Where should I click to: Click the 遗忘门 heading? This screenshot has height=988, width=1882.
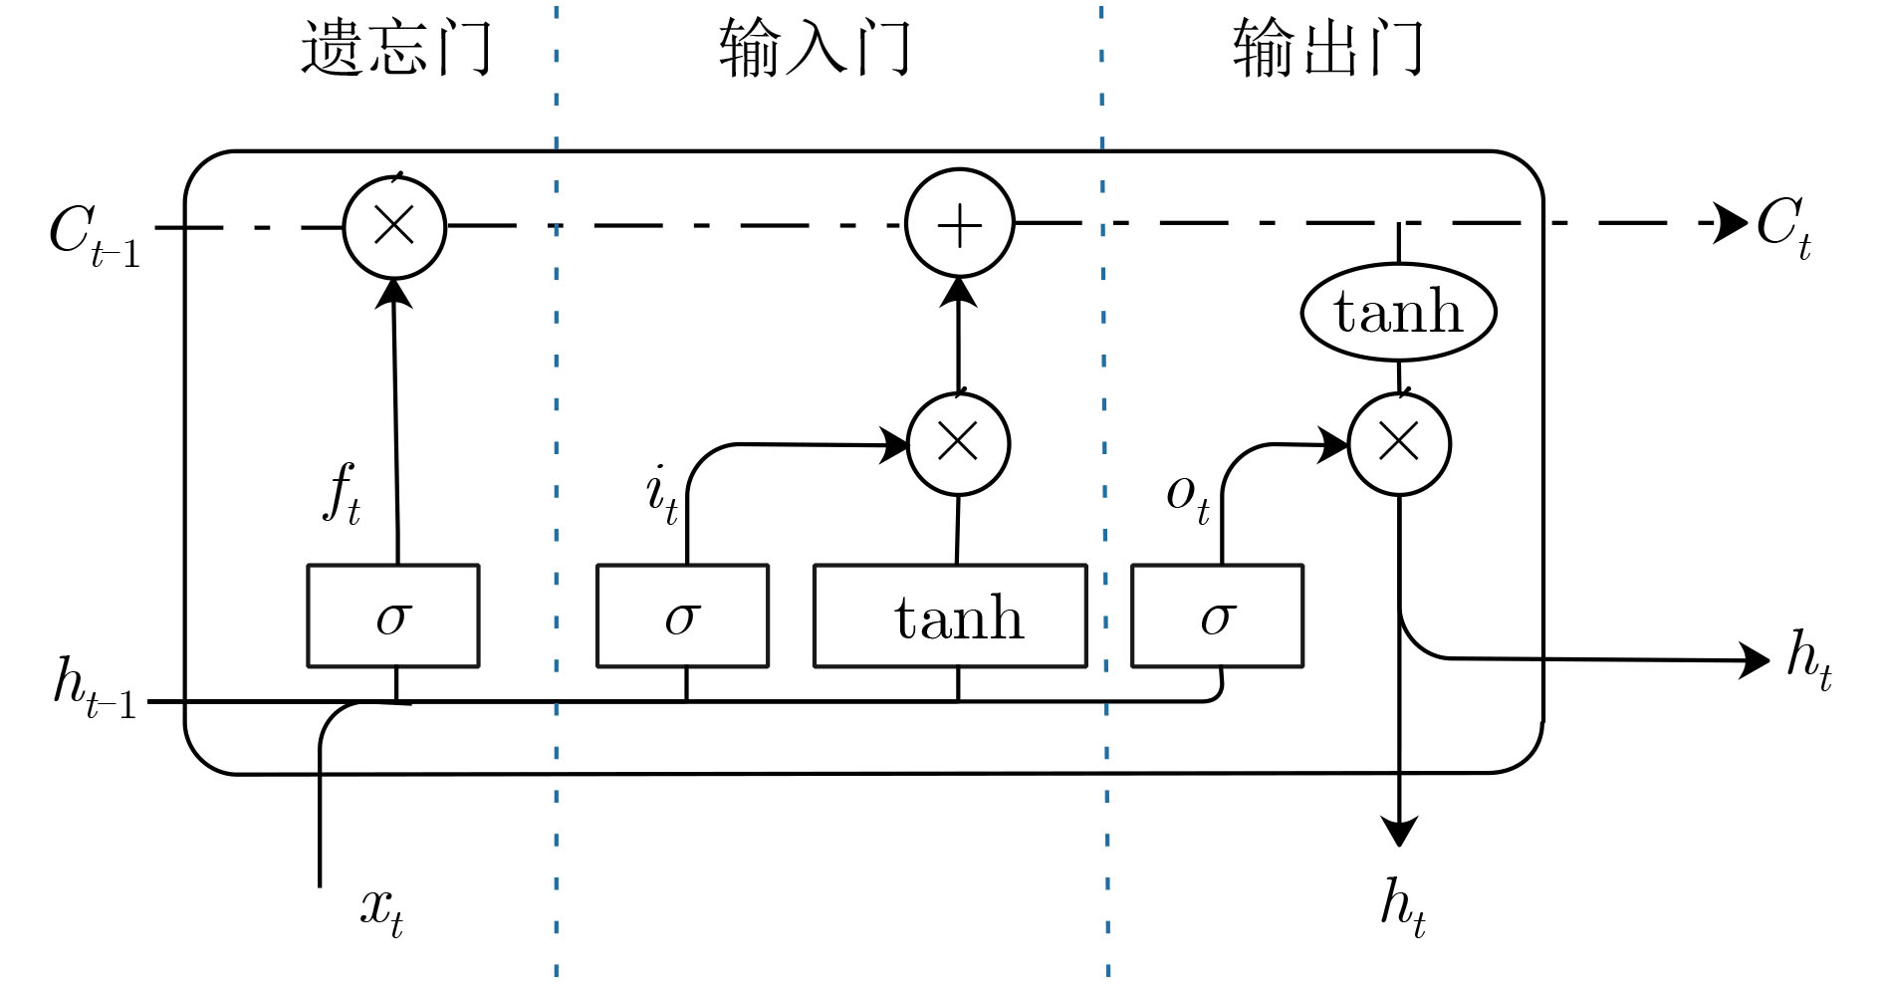click(x=396, y=48)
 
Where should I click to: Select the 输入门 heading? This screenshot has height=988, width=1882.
click(x=815, y=48)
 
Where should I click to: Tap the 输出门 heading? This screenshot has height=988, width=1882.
click(x=1328, y=48)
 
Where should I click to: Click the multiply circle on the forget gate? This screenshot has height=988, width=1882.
click(x=394, y=226)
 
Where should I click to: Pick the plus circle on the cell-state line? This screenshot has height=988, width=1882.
click(x=959, y=224)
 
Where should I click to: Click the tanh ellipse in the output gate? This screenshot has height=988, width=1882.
click(x=1398, y=312)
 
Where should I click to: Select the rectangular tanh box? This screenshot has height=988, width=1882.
click(x=950, y=617)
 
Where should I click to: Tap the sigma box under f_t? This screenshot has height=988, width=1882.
click(x=393, y=617)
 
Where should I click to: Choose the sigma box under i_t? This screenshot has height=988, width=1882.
click(x=682, y=617)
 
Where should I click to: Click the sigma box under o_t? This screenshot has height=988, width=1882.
click(x=1217, y=617)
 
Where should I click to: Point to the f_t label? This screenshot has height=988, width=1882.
click(x=342, y=493)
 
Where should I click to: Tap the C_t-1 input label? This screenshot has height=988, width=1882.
click(x=94, y=235)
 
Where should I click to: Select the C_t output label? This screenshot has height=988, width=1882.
click(x=1782, y=227)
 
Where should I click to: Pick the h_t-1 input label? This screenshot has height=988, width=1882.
click(x=94, y=687)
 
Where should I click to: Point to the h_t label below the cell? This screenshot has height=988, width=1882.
click(x=1402, y=906)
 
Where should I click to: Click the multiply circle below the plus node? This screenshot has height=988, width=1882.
click(x=959, y=443)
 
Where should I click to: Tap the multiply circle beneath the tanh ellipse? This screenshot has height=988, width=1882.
click(x=1399, y=443)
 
